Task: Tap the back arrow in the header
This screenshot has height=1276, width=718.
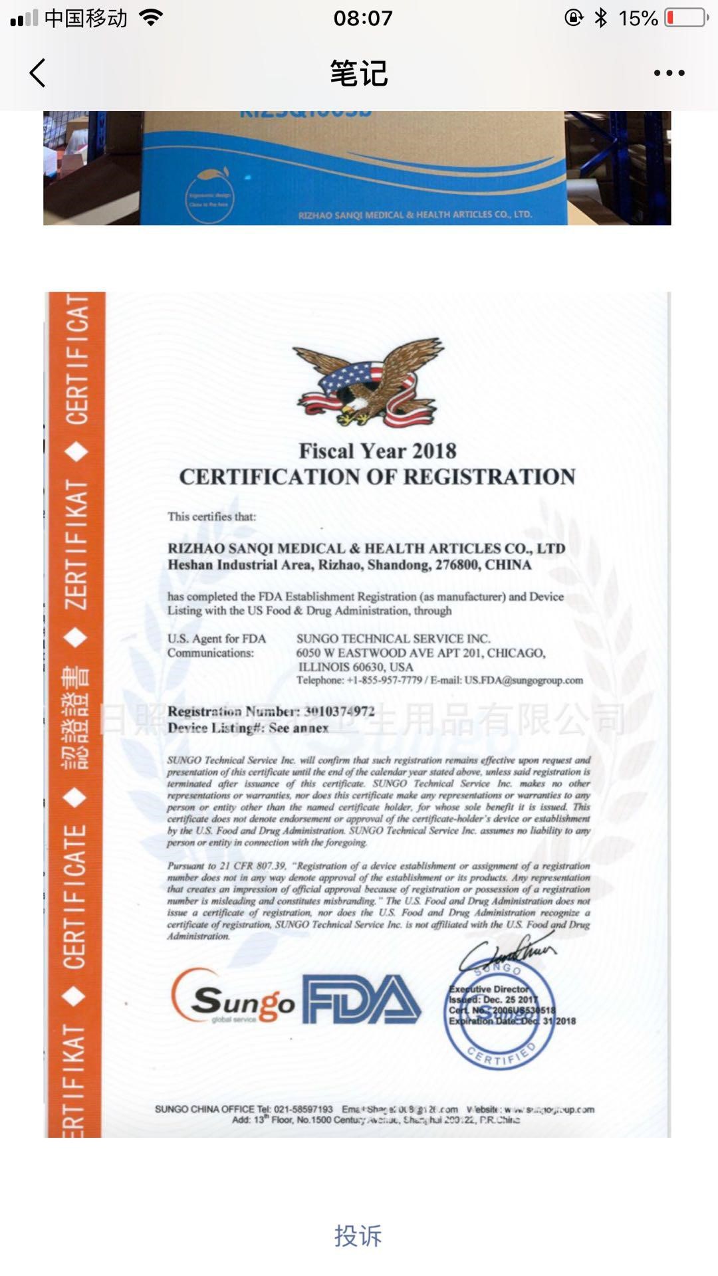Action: pos(38,73)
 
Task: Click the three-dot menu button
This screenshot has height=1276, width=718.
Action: pos(669,73)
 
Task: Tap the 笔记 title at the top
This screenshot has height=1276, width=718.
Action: pos(359,73)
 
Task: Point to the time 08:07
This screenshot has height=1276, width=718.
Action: pos(363,18)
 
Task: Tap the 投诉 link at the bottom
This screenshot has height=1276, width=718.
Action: pos(358,1236)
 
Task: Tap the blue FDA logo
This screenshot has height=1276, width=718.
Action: pos(362,1000)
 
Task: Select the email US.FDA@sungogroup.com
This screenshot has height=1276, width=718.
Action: pos(524,681)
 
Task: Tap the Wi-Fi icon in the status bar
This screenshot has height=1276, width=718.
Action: pos(152,18)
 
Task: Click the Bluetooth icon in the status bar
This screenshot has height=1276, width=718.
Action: pos(601,18)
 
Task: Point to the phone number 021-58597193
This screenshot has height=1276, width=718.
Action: pos(304,1109)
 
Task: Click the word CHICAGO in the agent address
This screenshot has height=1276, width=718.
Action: pos(516,653)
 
